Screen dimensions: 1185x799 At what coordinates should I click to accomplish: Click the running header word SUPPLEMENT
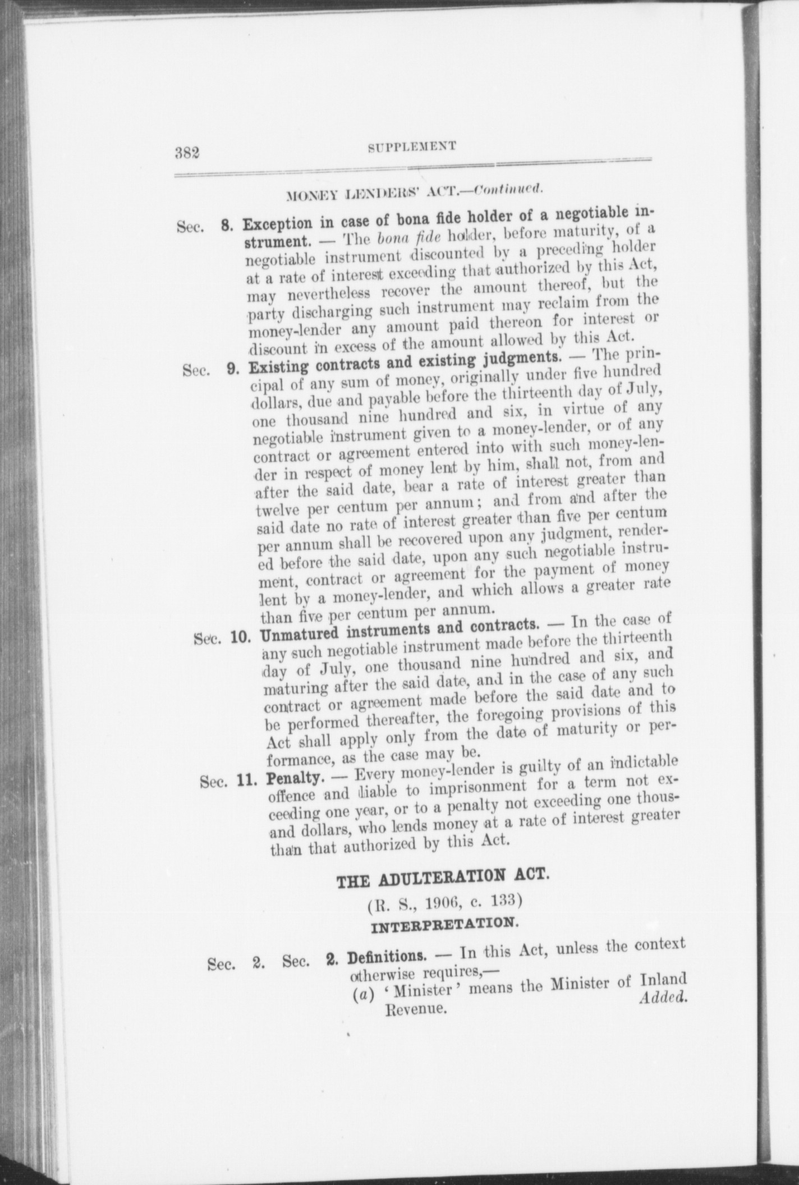pos(411,146)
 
